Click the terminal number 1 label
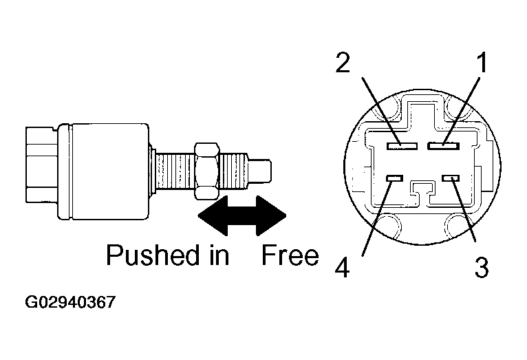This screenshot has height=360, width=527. click(483, 63)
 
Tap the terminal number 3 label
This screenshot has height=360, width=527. click(482, 266)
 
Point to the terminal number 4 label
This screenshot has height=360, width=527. click(341, 266)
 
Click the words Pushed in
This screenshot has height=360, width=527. click(167, 256)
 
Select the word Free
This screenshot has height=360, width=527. click(290, 256)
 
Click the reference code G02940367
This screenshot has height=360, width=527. click(69, 302)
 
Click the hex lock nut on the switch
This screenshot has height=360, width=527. click(207, 167)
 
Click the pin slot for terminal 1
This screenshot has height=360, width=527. click(443, 145)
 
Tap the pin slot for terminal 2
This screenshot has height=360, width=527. click(402, 145)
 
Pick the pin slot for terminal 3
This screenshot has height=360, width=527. click(451, 179)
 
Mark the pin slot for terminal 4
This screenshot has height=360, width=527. click(394, 179)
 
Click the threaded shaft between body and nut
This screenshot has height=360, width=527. click(173, 169)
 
